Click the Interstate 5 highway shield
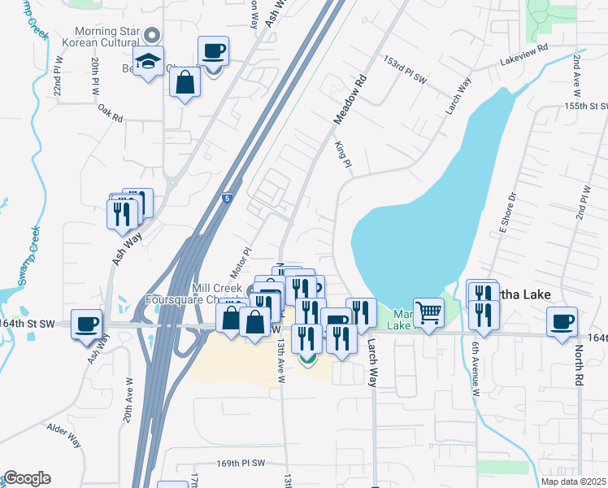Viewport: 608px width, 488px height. [x=226, y=198]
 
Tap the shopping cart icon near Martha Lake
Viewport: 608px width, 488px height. [x=428, y=312]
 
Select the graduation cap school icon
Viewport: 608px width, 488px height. [x=149, y=61]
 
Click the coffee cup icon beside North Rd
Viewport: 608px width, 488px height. [x=562, y=321]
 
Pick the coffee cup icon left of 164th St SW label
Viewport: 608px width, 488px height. [x=87, y=325]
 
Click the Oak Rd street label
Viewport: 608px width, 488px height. [x=110, y=113]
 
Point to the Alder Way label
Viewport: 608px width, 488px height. [x=63, y=434]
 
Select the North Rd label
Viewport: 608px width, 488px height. [x=580, y=366]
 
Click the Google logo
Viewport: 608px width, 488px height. [x=27, y=478]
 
